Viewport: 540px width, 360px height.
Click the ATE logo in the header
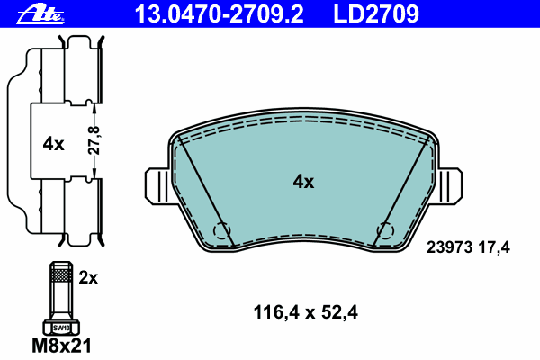click(x=40, y=15)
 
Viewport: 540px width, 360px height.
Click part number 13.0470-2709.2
click(x=219, y=14)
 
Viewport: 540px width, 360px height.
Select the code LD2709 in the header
click(x=376, y=14)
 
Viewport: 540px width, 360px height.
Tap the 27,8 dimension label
click(x=94, y=140)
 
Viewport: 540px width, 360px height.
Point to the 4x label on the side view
click(x=53, y=144)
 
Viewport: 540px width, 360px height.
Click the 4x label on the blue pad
click(x=303, y=182)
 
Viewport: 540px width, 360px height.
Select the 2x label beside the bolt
click(x=88, y=277)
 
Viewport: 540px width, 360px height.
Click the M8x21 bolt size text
click(x=61, y=346)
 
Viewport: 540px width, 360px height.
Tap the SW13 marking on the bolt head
click(x=61, y=328)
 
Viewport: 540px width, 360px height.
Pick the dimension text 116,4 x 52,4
click(x=305, y=312)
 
